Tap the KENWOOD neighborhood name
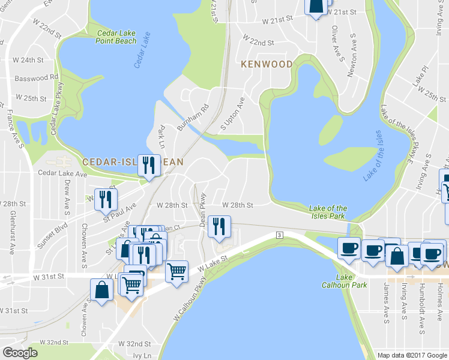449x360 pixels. tap(267, 64)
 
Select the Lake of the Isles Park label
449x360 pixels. tap(328, 212)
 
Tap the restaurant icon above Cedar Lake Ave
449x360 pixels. tap(148, 165)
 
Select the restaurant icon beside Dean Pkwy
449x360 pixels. tap(219, 226)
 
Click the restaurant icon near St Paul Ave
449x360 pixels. tap(106, 200)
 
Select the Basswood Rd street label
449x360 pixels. tap(37, 77)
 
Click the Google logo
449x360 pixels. tap(20, 352)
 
